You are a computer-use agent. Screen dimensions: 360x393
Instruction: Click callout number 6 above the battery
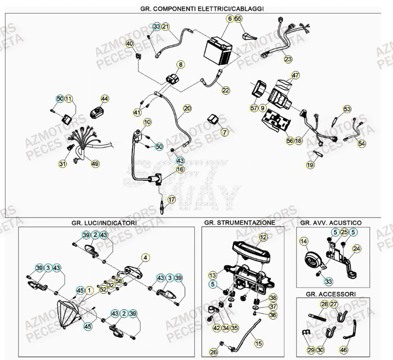[x=230, y=18]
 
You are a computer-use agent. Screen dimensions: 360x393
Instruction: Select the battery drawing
[x=219, y=50]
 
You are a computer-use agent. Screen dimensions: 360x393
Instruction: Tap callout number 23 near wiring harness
[x=288, y=59]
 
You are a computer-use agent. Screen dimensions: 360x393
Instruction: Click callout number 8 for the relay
[x=180, y=64]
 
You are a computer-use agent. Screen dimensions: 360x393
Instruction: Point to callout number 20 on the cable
[x=187, y=108]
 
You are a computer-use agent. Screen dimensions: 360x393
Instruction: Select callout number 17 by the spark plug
[x=171, y=200]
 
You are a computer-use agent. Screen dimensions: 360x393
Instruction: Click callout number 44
[x=105, y=99]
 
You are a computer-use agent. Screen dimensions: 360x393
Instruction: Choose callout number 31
[x=62, y=164]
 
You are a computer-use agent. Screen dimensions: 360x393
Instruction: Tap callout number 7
[x=225, y=132]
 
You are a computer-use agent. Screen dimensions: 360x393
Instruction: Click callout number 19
[x=310, y=164]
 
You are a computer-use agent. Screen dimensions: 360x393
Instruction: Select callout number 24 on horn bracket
[x=356, y=248]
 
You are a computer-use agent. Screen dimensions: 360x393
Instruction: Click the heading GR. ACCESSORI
[x=334, y=293]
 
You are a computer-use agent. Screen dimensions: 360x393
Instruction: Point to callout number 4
[x=145, y=257]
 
